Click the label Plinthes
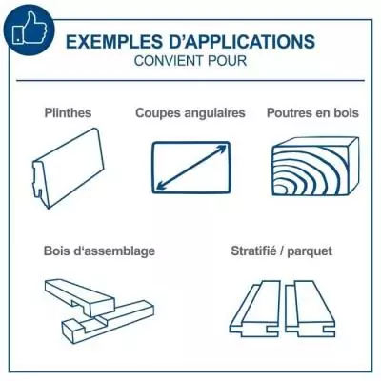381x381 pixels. click(68, 112)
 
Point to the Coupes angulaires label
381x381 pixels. click(190, 112)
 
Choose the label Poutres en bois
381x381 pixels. click(312, 112)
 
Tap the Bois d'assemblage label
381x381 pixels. click(99, 251)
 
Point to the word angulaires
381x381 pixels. click(214, 112)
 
